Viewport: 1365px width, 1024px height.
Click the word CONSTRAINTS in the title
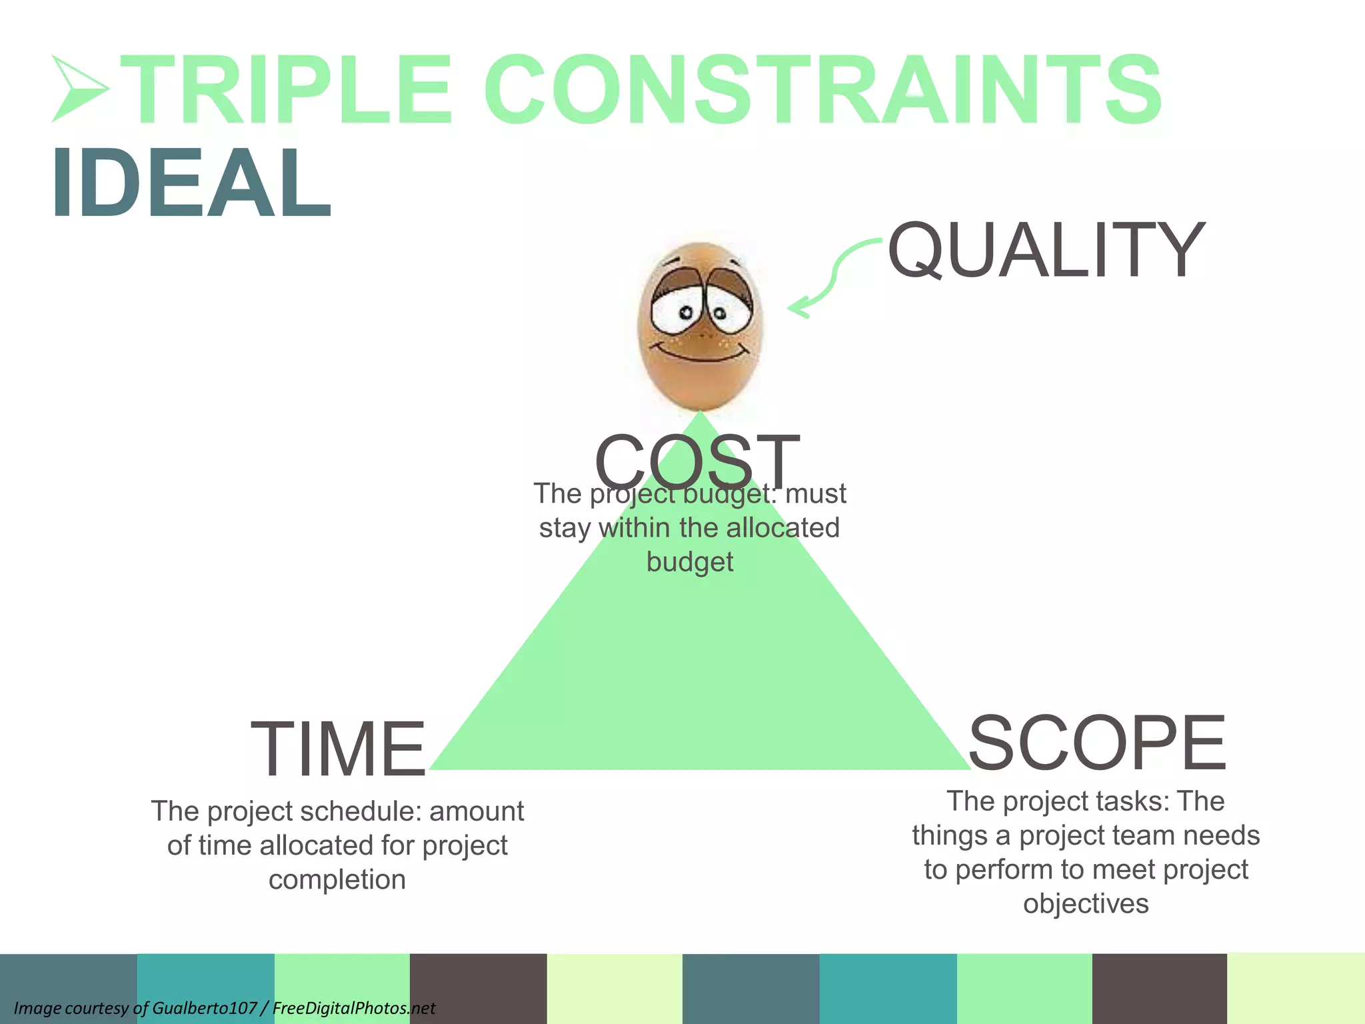(823, 90)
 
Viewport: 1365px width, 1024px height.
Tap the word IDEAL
(191, 183)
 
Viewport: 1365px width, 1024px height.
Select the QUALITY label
(1046, 250)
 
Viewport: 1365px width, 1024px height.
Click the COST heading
(696, 460)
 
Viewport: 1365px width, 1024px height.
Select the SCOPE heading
(1096, 743)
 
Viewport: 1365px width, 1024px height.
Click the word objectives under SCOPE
(1086, 904)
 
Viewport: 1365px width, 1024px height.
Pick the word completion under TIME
(337, 880)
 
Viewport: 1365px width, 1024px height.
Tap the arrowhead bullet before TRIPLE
(79, 89)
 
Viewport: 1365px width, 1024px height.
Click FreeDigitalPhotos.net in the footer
(354, 1008)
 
